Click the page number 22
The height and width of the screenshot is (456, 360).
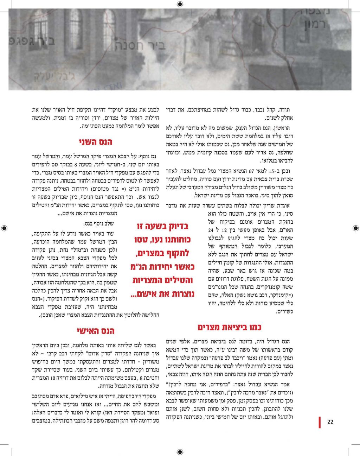click(x=330, y=422)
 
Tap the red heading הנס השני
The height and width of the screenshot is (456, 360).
click(x=95, y=142)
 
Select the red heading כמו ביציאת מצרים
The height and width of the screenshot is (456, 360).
click(x=229, y=328)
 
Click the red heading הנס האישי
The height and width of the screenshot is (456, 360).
click(x=95, y=331)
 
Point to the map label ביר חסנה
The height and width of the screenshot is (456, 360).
click(x=140, y=45)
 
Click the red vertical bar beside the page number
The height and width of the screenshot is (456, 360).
click(x=320, y=422)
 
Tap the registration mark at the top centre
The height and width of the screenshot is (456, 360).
click(x=180, y=4)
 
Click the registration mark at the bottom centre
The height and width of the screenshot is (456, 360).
click(x=180, y=452)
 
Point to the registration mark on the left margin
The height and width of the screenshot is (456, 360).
click(x=4, y=228)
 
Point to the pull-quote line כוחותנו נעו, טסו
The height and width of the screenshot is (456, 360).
click(x=162, y=240)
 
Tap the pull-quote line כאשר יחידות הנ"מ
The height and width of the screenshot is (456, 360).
click(x=163, y=267)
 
